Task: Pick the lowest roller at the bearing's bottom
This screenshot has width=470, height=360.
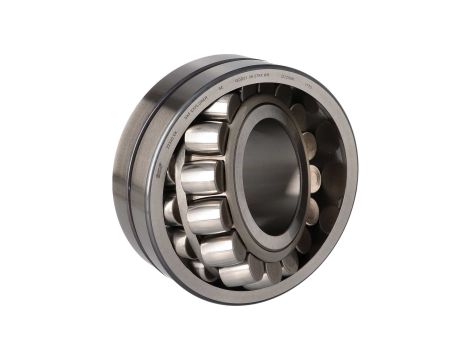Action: point(240,273)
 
